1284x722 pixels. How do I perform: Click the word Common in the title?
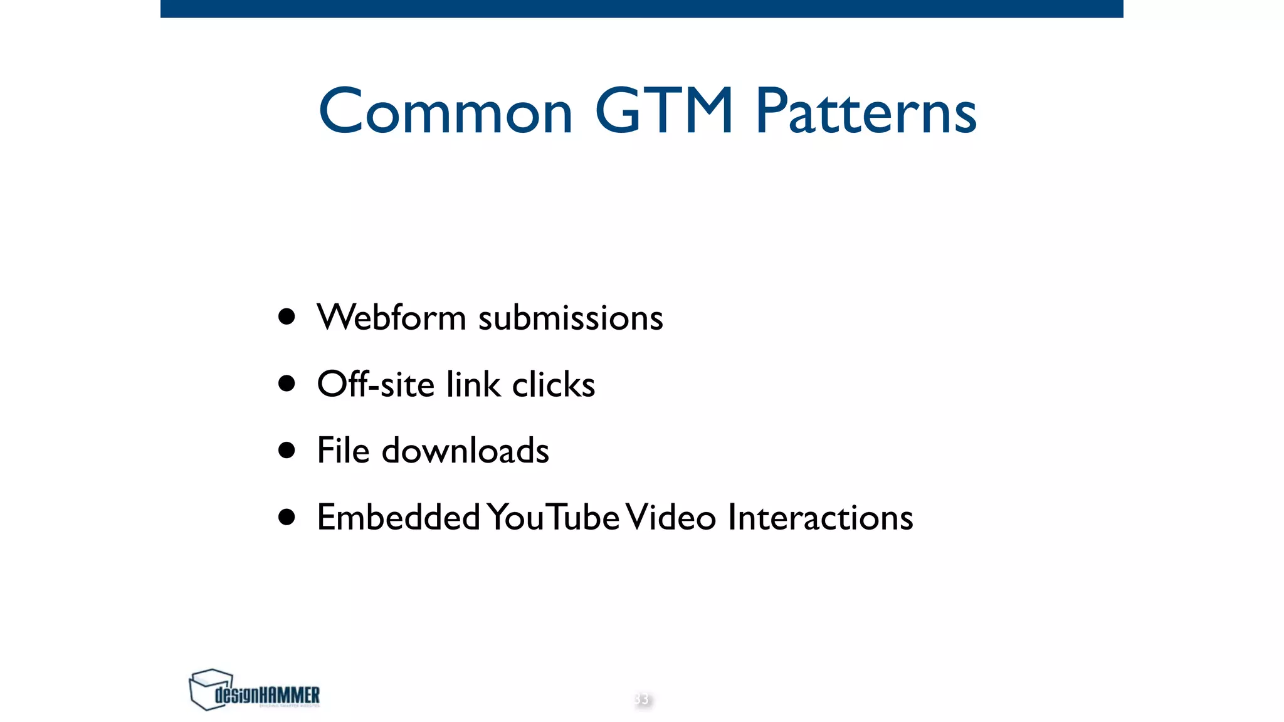pyautogui.click(x=446, y=112)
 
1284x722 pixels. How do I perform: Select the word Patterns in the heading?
pyautogui.click(x=866, y=112)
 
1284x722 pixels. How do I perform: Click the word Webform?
pyautogui.click(x=391, y=317)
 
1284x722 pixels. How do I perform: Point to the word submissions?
pyautogui.click(x=571, y=318)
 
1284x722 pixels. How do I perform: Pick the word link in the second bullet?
pyautogui.click(x=473, y=384)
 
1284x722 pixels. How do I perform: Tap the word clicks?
pyautogui.click(x=554, y=384)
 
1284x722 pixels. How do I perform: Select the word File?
pyautogui.click(x=343, y=450)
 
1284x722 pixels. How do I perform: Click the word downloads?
pyautogui.click(x=465, y=451)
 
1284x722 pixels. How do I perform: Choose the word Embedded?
pyautogui.click(x=399, y=517)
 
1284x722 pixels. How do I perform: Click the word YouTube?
pyautogui.click(x=554, y=517)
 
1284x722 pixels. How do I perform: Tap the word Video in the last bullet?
pyautogui.click(x=671, y=517)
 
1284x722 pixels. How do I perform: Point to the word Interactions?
pyautogui.click(x=820, y=517)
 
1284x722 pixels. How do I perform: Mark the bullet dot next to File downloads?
pyautogui.click(x=287, y=450)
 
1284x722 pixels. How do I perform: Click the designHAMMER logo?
pyautogui.click(x=255, y=690)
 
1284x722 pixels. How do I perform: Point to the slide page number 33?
pyautogui.click(x=641, y=699)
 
